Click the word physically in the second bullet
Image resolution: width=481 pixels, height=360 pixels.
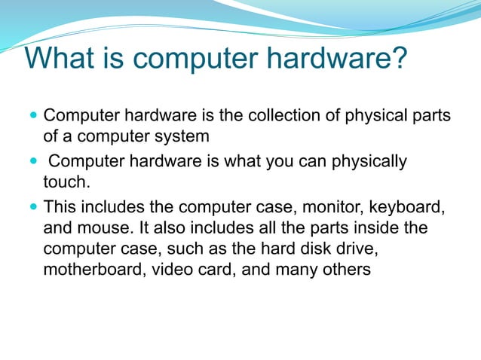click(368, 161)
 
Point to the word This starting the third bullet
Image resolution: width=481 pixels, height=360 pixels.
click(60, 206)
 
